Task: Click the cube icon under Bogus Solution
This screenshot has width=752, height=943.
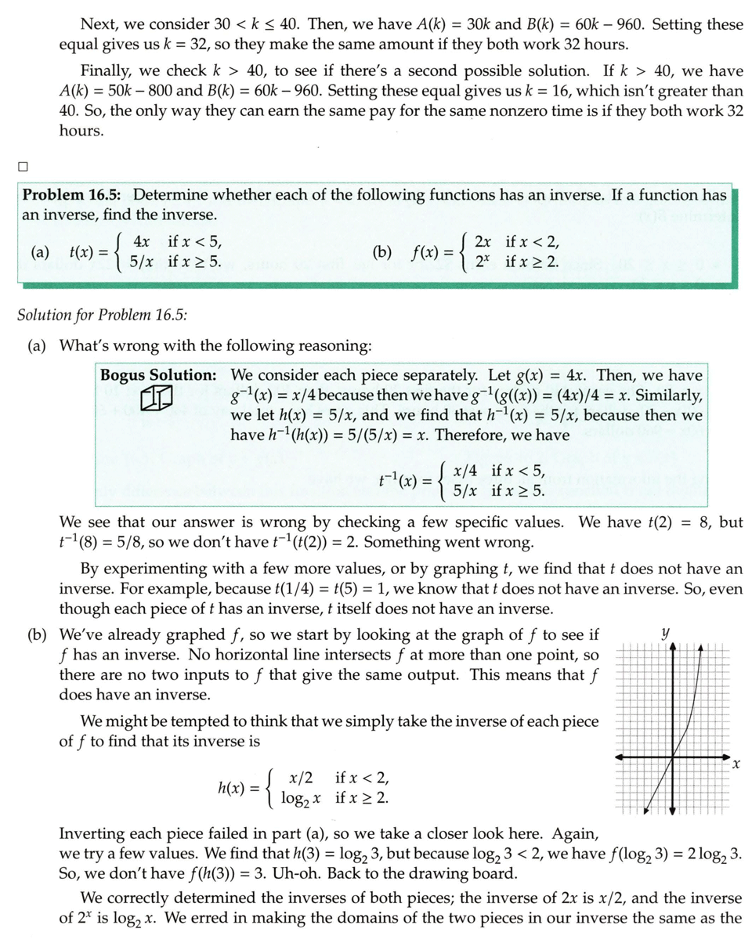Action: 158,399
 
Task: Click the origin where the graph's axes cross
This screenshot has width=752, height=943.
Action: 673,757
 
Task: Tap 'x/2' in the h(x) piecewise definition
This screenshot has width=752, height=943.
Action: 301,779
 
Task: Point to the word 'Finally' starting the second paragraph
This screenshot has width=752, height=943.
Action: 106,71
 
